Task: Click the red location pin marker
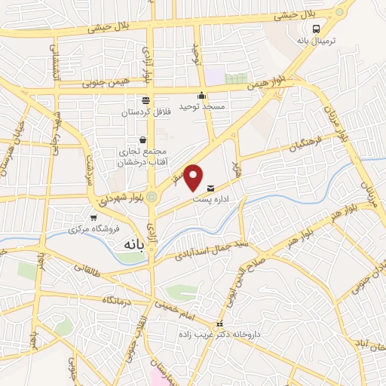tap(194, 176)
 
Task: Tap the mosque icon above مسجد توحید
tap(201, 95)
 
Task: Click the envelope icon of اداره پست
tap(210, 187)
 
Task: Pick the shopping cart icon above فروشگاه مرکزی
tap(93, 217)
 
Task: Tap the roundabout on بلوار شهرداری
tap(152, 198)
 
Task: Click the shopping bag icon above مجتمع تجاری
tap(142, 139)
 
